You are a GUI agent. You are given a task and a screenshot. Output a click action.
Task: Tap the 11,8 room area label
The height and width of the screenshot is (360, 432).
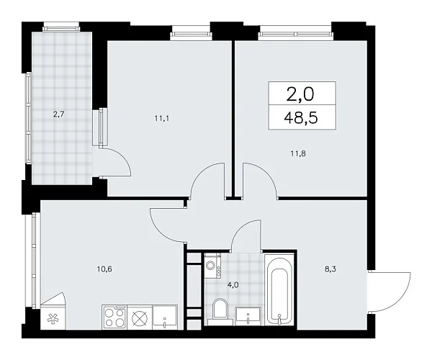pyautogui.click(x=296, y=153)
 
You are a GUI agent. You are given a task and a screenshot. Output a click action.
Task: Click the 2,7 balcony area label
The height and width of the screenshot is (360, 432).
pyautogui.click(x=58, y=112)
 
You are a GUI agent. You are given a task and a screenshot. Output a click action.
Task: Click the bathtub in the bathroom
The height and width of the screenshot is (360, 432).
pyautogui.click(x=279, y=288)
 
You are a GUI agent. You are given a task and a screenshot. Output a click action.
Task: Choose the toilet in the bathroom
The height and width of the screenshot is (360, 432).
pyautogui.click(x=220, y=310)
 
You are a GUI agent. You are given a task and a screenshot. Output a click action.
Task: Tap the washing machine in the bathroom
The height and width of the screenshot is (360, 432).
pyautogui.click(x=213, y=266)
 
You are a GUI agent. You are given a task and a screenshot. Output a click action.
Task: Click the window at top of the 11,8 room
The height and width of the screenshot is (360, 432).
pyautogui.click(x=296, y=30)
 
